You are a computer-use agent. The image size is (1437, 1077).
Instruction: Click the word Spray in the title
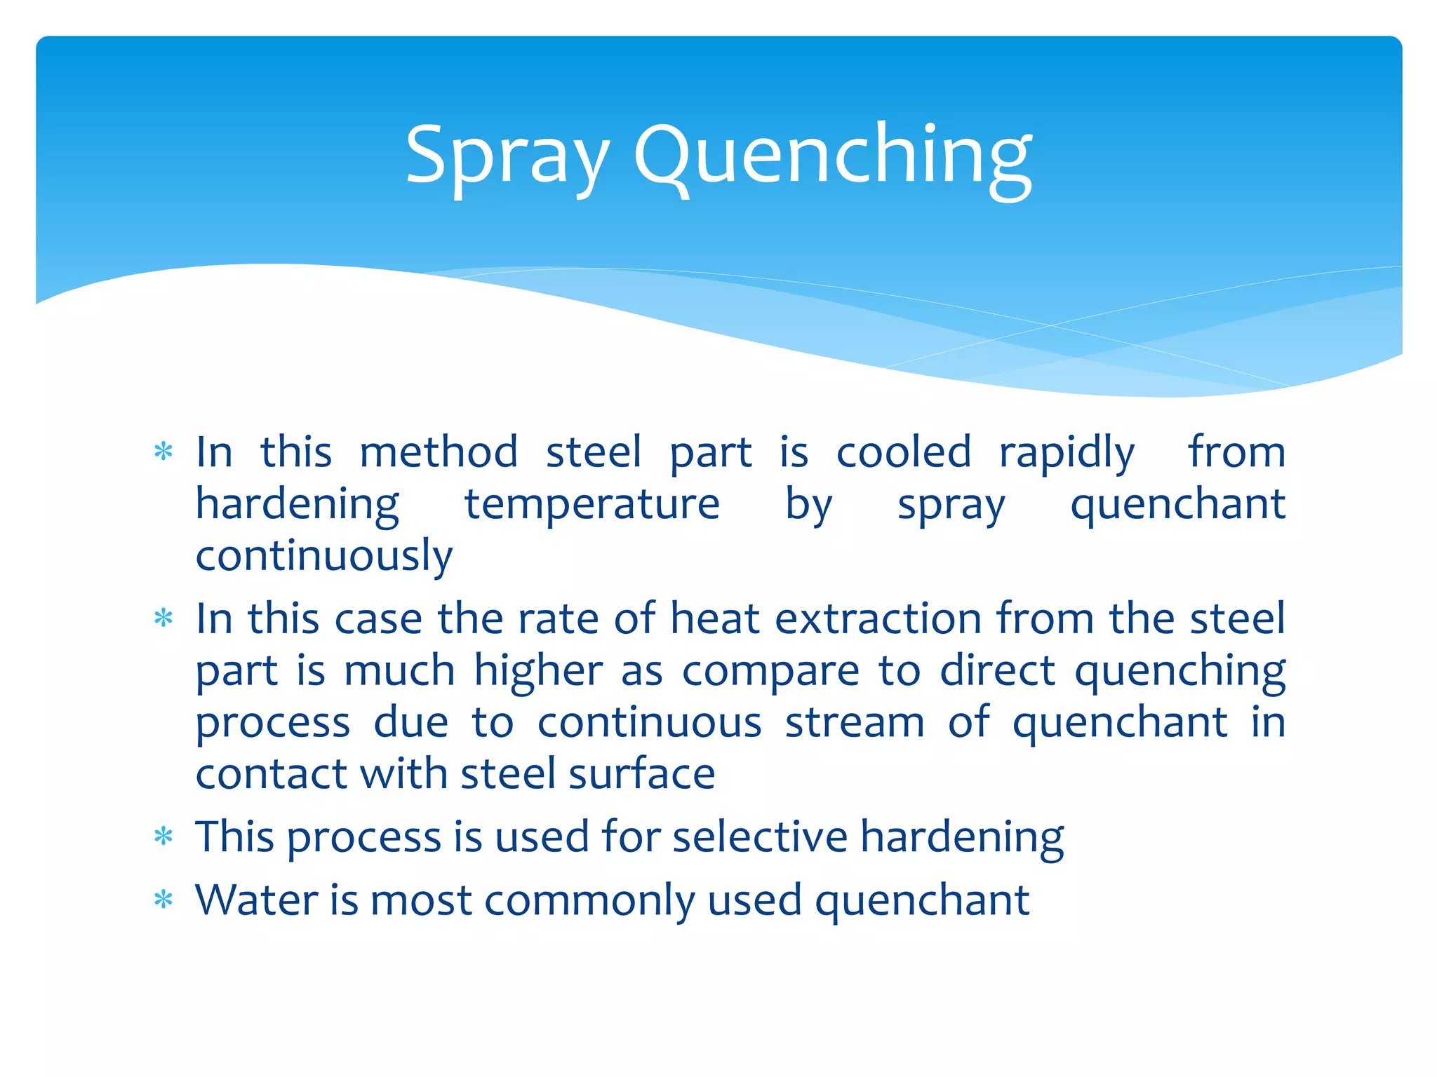pos(507,156)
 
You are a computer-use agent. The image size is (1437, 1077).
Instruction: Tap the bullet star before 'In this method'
pos(163,452)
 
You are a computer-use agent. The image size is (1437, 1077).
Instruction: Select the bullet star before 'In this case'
pos(163,618)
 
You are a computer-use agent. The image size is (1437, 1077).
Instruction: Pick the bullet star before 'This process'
pos(163,836)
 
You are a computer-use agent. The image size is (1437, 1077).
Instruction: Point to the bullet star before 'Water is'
pos(163,900)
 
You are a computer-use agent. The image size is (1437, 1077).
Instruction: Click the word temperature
pos(592,505)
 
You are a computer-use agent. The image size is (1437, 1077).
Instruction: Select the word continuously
pos(323,556)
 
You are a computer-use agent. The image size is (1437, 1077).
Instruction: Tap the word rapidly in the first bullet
pos(1067,453)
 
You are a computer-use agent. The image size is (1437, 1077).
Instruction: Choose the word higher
pos(538,672)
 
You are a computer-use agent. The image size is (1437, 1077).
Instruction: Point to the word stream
pos(854,723)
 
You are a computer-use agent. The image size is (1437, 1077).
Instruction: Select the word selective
pos(760,836)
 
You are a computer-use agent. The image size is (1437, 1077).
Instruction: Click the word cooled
pos(903,452)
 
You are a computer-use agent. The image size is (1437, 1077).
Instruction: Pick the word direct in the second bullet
pos(997,671)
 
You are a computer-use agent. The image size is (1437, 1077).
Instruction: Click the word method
pos(439,452)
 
